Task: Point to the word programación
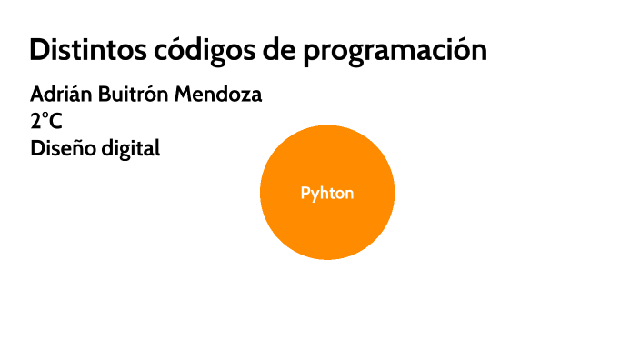(395, 52)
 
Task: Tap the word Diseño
(61, 148)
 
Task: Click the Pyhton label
(327, 194)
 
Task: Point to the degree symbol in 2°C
(45, 116)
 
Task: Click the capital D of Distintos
(38, 50)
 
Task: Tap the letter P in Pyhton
(305, 194)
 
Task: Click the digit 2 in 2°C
(35, 122)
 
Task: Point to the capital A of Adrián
(36, 95)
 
